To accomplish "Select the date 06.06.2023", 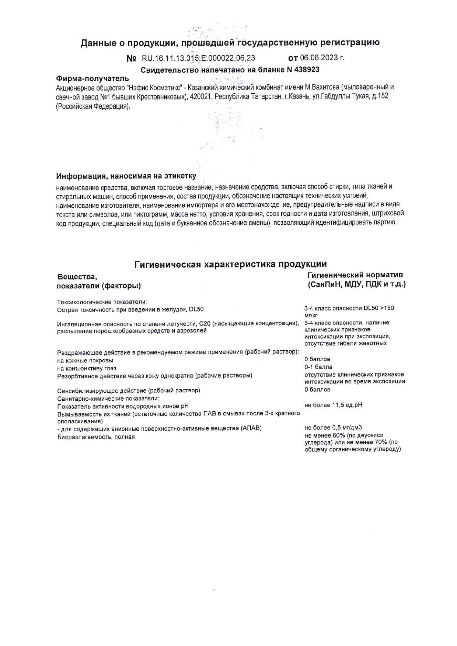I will [320, 58].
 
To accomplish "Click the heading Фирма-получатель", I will [92, 78].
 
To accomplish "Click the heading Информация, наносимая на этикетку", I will [126, 175].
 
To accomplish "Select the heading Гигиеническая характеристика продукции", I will [230, 264].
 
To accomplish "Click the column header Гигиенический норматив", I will [355, 275].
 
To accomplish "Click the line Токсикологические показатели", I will [102, 302].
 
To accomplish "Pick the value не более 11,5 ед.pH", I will [333, 405].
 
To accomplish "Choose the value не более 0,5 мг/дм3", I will [333, 428].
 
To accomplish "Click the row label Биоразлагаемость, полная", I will [96, 437].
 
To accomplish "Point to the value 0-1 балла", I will [318, 367].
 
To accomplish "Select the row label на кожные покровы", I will [85, 360].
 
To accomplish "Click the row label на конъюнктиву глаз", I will [87, 368].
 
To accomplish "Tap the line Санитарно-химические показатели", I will [108, 399].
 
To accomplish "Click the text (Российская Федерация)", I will [93, 106].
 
